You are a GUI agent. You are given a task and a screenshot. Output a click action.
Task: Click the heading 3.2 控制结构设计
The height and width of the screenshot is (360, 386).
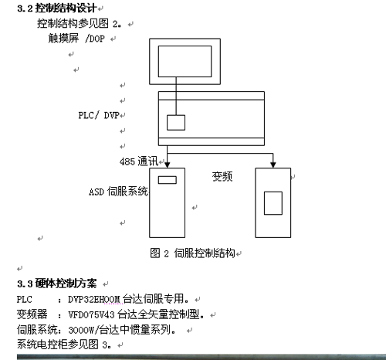pyautogui.click(x=57, y=8)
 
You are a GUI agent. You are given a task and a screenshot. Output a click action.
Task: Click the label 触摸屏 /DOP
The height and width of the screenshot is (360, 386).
pyautogui.click(x=76, y=39)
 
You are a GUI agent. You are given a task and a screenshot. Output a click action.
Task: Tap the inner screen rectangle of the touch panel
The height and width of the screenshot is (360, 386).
pyautogui.click(x=185, y=61)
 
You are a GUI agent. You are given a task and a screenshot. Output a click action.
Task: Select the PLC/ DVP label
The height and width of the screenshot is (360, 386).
pyautogui.click(x=99, y=115)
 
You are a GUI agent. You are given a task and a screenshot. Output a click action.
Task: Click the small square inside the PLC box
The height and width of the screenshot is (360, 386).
pyautogui.click(x=176, y=123)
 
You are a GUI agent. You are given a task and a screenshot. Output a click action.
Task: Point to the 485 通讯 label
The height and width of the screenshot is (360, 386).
pyautogui.click(x=139, y=161)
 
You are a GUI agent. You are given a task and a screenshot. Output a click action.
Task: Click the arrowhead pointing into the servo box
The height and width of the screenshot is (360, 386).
pyautogui.click(x=168, y=165)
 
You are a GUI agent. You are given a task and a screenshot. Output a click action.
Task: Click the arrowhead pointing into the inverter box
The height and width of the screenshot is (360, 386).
pyautogui.click(x=273, y=165)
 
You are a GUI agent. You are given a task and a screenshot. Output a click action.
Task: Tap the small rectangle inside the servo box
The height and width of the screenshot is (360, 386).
pyautogui.click(x=168, y=180)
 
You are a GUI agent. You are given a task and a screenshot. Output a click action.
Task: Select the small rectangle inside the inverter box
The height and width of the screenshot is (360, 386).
pyautogui.click(x=273, y=203)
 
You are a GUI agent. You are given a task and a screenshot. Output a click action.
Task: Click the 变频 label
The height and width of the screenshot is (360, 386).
pyautogui.click(x=222, y=177)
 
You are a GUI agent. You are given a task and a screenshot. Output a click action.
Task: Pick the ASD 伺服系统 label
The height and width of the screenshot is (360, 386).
pyautogui.click(x=118, y=192)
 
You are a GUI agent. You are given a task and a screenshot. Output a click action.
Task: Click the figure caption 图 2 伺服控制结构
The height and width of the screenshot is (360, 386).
pyautogui.click(x=192, y=253)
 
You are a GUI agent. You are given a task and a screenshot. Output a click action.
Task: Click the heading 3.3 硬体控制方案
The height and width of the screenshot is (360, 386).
pyautogui.click(x=57, y=284)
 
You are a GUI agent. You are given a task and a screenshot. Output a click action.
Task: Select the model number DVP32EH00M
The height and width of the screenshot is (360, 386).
pyautogui.click(x=94, y=299)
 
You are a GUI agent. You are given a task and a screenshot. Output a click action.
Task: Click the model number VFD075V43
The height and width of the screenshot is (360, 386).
pyautogui.click(x=91, y=314)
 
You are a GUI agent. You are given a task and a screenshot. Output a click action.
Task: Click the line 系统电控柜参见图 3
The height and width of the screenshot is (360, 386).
pyautogui.click(x=64, y=345)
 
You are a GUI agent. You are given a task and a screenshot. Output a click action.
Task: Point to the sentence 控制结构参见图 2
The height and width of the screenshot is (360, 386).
pyautogui.click(x=80, y=23)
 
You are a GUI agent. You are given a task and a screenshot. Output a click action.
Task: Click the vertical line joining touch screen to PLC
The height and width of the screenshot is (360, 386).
pyautogui.click(x=176, y=96)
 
